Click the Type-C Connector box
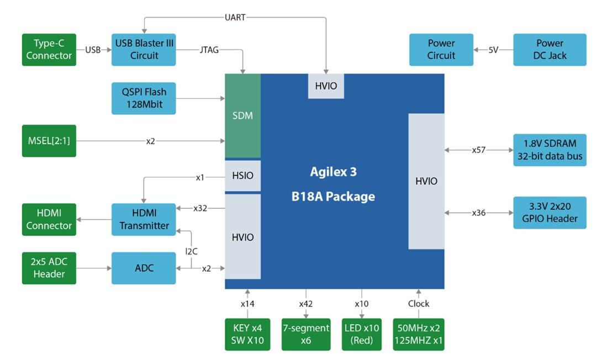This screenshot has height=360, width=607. click(49, 50)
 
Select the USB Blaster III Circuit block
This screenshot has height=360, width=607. click(144, 49)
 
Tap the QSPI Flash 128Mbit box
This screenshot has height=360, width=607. click(144, 98)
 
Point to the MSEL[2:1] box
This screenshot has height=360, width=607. click(49, 141)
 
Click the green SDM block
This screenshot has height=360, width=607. click(242, 115)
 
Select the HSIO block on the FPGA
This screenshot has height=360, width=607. click(242, 176)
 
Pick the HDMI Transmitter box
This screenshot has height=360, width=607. click(144, 220)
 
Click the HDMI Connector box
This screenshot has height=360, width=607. click(49, 220)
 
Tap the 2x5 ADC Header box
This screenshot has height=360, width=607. click(49, 268)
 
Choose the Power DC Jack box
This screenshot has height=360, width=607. click(550, 50)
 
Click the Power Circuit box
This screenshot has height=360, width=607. click(441, 50)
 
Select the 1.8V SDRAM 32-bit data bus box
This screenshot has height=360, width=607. click(550, 150)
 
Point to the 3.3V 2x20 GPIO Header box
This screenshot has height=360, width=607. click(550, 213)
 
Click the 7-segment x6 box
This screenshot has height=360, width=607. click(305, 334)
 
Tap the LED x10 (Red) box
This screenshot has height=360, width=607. click(361, 334)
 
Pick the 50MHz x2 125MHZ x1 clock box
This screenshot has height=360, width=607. click(418, 334)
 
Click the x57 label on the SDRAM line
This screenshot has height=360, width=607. click(479, 150)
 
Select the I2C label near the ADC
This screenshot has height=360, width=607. click(191, 251)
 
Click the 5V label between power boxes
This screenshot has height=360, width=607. click(493, 50)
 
